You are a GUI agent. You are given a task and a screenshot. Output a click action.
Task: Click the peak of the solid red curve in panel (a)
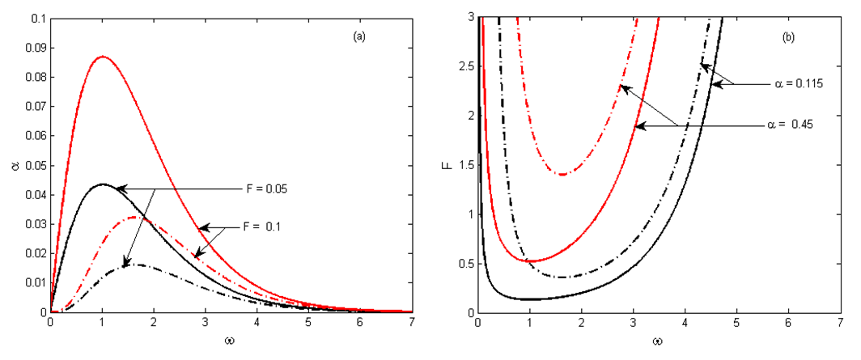tap(103, 57)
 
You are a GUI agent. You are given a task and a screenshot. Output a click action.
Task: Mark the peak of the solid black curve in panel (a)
tap(102, 184)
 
